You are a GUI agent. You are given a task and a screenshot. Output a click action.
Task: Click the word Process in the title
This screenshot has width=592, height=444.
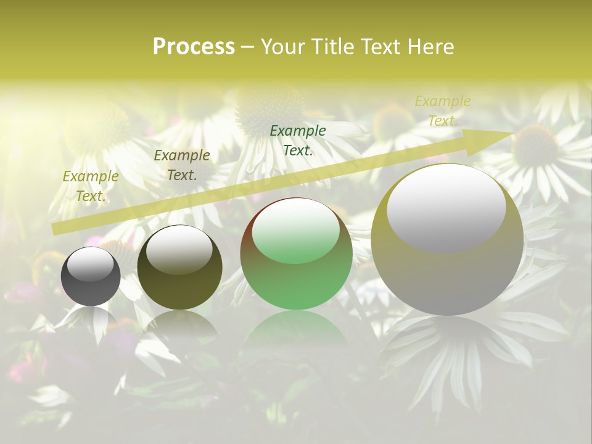pyautogui.click(x=194, y=47)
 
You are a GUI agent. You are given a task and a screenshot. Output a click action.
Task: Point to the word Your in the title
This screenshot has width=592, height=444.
pyautogui.click(x=282, y=47)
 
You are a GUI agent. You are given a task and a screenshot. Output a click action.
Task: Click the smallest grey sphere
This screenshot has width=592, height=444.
pyautogui.click(x=91, y=276)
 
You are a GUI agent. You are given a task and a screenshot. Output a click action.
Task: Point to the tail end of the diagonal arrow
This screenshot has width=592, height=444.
pyautogui.click(x=57, y=229)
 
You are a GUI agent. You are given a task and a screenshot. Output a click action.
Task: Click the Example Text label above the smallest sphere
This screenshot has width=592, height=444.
pyautogui.click(x=91, y=186)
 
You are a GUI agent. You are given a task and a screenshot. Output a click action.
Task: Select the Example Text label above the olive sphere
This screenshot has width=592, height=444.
pyautogui.click(x=182, y=165)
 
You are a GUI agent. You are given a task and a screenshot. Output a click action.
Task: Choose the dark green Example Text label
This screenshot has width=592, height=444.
pyautogui.click(x=298, y=141)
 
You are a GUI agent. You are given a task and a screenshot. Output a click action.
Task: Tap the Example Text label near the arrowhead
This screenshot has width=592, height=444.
pyautogui.click(x=442, y=111)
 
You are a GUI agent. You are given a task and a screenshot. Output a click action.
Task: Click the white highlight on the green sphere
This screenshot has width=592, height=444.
pyautogui.click(x=296, y=230)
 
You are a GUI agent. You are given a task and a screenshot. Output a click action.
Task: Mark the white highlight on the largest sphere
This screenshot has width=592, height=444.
pyautogui.click(x=446, y=208)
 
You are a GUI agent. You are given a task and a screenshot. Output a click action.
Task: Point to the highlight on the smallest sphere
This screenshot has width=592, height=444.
pyautogui.click(x=91, y=264)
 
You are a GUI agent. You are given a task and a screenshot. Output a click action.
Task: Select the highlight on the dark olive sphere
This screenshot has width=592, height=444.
pyautogui.click(x=179, y=249)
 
